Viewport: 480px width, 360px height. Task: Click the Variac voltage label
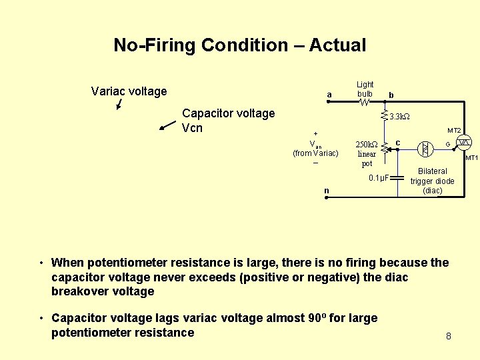[129, 91]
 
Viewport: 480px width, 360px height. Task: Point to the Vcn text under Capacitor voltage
[192, 127]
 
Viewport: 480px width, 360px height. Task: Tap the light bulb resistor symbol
[364, 102]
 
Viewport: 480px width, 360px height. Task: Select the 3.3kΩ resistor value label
[399, 117]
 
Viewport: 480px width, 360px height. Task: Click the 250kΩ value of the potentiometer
[367, 144]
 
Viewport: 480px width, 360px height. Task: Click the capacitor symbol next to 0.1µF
[398, 178]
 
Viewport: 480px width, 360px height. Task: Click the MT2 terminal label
[454, 131]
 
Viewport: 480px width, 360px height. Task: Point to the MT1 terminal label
[472, 158]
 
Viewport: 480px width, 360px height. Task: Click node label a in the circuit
[329, 95]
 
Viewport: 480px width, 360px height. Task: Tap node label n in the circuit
[327, 191]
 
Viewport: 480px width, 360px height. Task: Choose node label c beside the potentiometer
[398, 143]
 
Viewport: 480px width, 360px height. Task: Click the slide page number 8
[449, 336]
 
